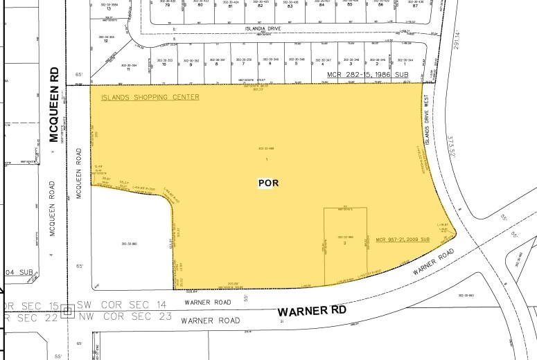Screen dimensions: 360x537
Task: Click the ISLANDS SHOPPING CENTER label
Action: (150, 97)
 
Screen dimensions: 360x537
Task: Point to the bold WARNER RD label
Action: (312, 312)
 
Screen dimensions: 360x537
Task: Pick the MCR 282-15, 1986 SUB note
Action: (371, 72)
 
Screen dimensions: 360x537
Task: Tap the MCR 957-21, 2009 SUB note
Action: (403, 240)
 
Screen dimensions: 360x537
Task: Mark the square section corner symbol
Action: (67, 312)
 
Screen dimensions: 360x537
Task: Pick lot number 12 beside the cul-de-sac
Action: (105, 41)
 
